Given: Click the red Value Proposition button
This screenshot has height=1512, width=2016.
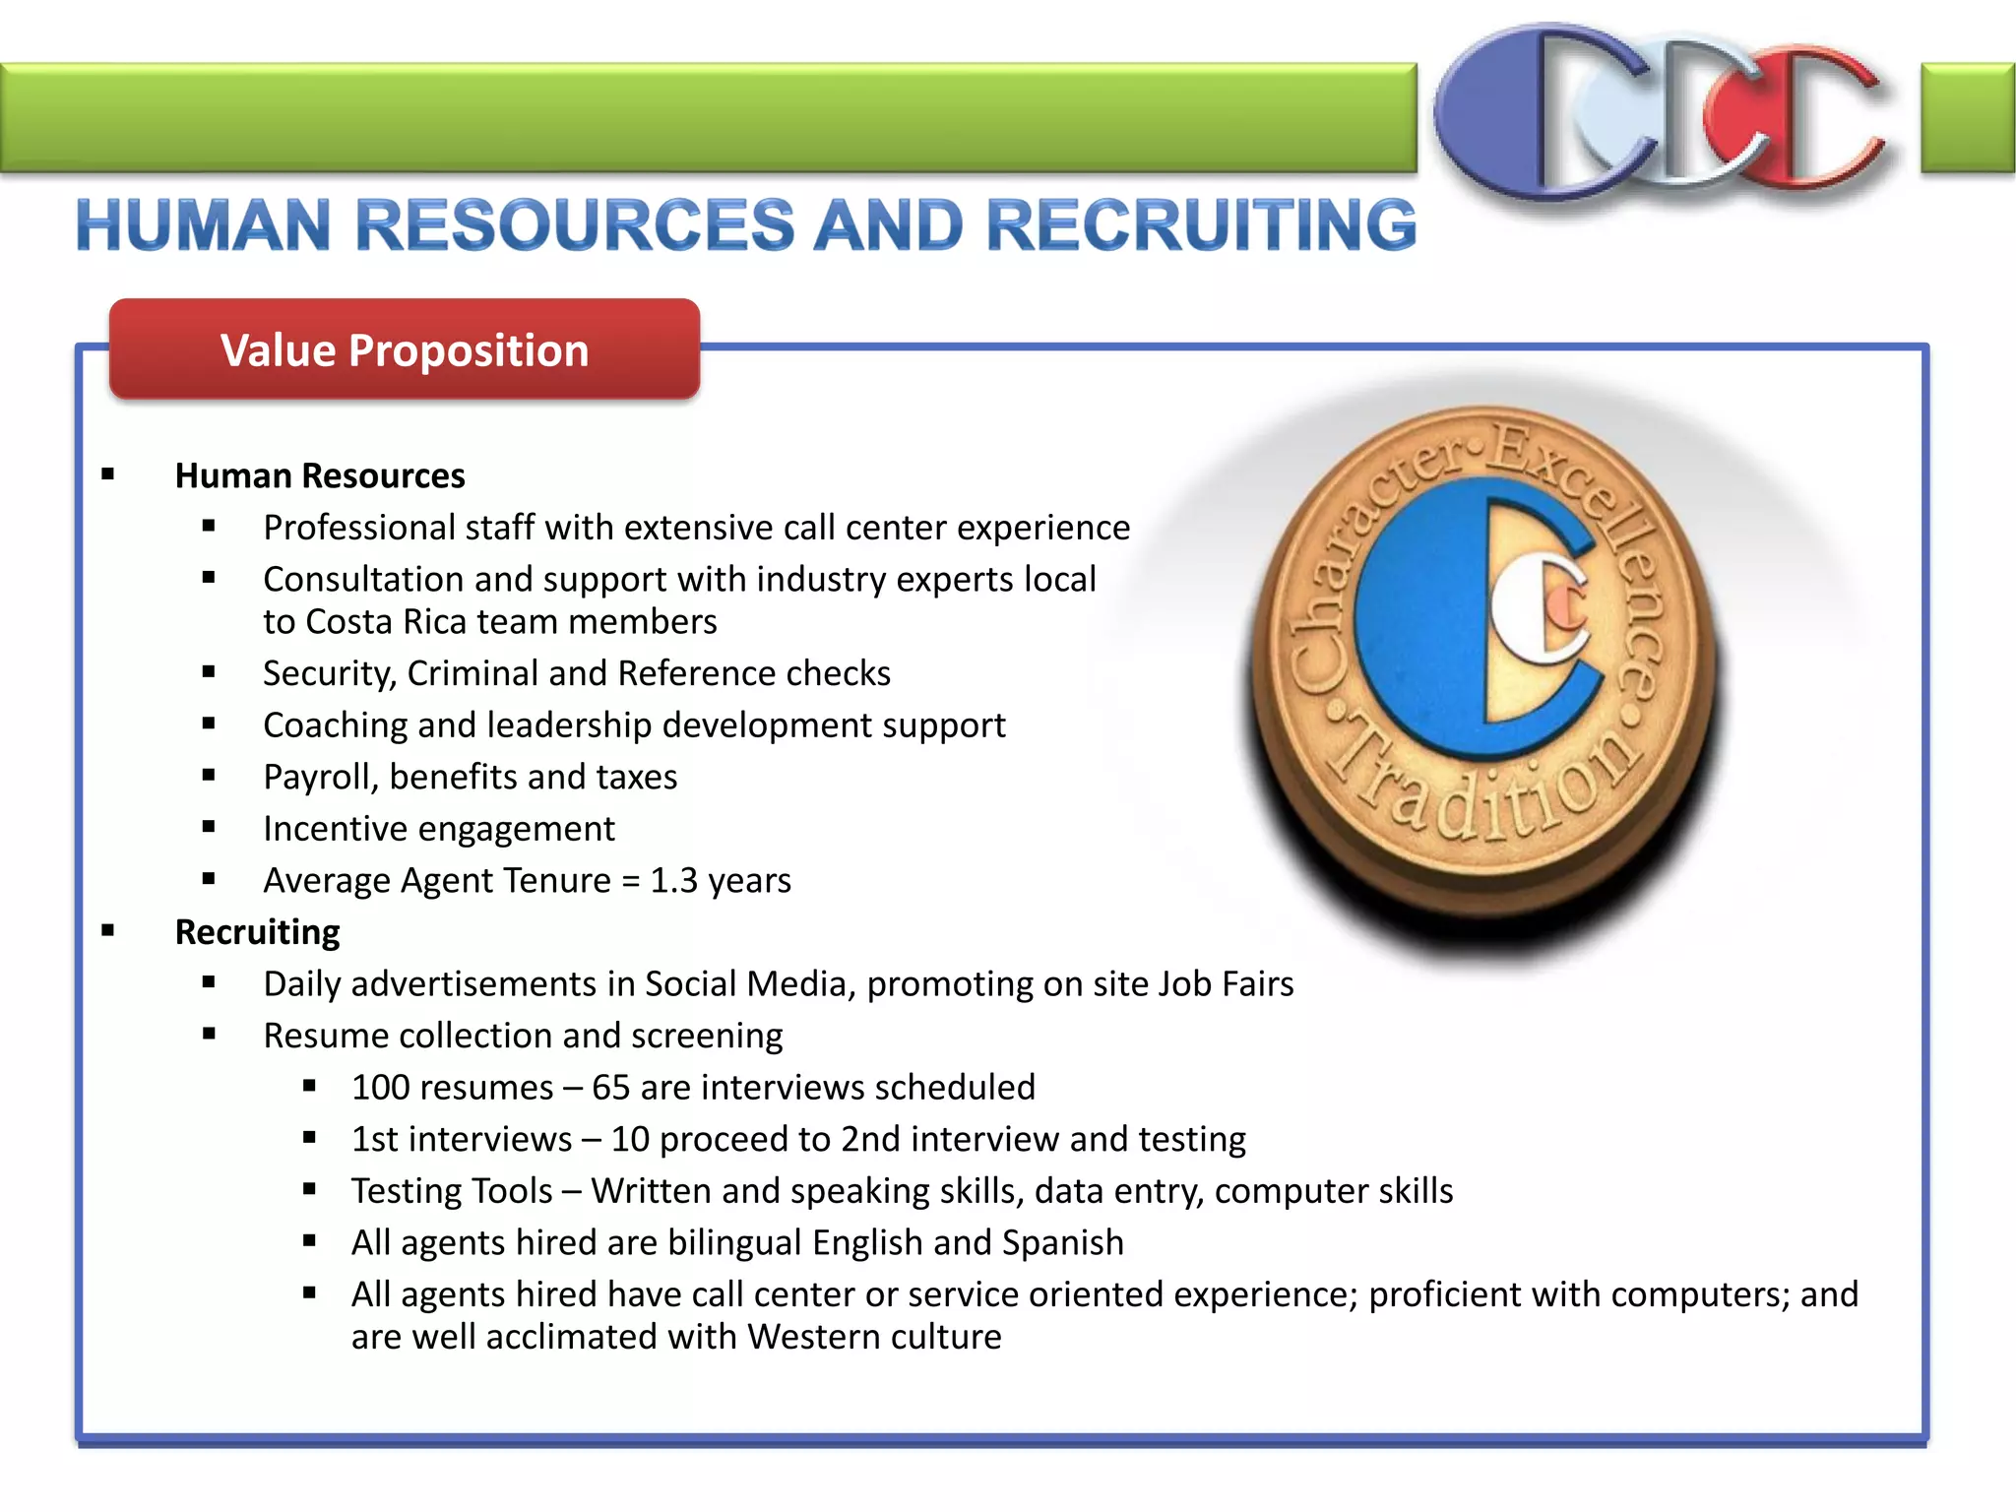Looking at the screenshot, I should [x=404, y=350].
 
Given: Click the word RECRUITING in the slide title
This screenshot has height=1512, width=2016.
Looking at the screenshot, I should [x=1201, y=225].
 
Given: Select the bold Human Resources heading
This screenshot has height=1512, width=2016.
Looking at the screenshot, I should [x=320, y=476].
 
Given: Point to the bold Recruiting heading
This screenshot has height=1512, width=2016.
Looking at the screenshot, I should [x=257, y=932].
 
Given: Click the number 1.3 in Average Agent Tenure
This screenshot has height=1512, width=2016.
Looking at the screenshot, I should [x=674, y=881].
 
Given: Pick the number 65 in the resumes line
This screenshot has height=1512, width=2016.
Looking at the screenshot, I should [x=610, y=1088].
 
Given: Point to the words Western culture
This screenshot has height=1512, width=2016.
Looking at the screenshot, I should [x=874, y=1338].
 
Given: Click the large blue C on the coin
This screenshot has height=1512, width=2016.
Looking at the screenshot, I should [x=1417, y=620].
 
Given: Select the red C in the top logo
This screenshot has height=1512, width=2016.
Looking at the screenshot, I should [x=1811, y=118].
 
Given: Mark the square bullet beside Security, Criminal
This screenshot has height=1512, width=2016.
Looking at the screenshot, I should [x=209, y=672].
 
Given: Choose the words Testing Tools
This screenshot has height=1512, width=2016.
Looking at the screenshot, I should [x=452, y=1191].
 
